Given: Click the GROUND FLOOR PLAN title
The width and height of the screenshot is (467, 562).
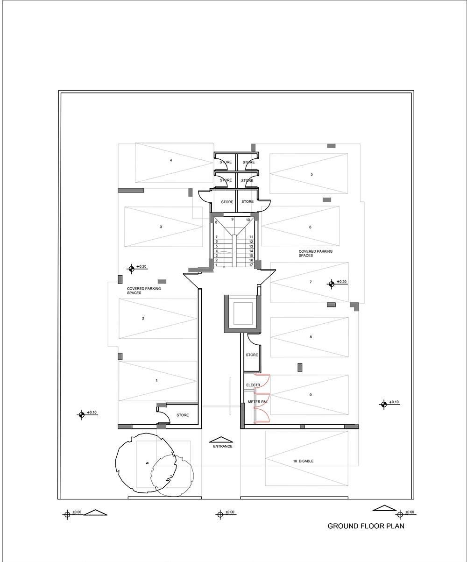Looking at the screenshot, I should [x=366, y=526].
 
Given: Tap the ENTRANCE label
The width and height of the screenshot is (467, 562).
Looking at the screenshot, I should [x=223, y=446].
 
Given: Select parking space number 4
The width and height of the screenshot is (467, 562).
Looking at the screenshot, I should [x=171, y=160].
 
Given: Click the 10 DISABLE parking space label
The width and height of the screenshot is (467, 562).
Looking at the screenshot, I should [x=304, y=461].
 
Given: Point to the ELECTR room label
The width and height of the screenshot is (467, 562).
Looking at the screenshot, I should [x=253, y=385].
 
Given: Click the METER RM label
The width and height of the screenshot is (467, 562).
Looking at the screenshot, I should [x=257, y=402].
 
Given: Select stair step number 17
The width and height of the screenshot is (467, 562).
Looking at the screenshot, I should [x=251, y=265].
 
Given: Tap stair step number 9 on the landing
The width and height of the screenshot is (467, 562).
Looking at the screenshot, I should [x=232, y=219].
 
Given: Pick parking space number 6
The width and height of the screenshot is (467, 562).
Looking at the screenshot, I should [x=310, y=227].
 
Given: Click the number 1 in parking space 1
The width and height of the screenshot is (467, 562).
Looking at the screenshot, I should [x=157, y=381].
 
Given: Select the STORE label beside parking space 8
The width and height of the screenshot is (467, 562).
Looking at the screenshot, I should [x=252, y=355].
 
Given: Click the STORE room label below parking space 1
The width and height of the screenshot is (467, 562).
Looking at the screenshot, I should [x=183, y=415].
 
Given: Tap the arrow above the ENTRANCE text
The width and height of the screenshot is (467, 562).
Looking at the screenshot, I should [x=222, y=440].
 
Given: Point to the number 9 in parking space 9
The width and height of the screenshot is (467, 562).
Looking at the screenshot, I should [x=310, y=395].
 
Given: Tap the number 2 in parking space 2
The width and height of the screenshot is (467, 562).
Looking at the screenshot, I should [x=143, y=318].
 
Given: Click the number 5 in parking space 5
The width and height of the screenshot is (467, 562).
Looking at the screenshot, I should [x=311, y=174].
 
